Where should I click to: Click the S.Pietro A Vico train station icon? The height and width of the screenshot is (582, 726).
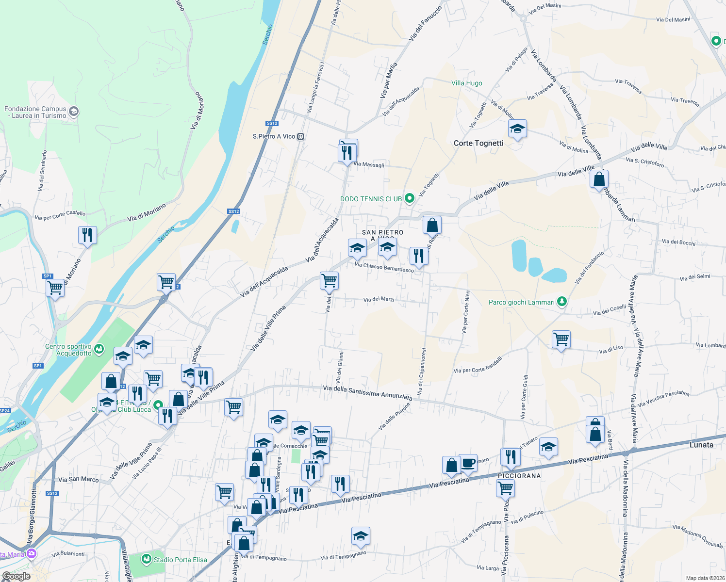[301, 136]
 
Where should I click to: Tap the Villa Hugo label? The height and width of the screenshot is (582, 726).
[466, 83]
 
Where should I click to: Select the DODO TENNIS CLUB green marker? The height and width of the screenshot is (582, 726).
[410, 198]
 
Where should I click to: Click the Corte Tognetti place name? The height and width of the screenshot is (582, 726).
[478, 143]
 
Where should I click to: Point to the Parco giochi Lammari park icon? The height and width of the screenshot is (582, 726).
[562, 302]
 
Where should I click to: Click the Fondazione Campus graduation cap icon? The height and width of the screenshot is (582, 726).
[74, 112]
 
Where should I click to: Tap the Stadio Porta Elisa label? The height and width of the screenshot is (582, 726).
[180, 560]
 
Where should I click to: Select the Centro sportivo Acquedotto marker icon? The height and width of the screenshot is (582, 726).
[99, 349]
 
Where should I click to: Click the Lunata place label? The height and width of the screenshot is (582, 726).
[701, 445]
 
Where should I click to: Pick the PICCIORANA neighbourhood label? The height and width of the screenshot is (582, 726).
[519, 476]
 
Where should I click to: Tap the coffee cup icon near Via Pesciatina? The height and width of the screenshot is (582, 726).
[468, 463]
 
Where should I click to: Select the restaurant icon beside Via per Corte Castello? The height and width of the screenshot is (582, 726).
[87, 235]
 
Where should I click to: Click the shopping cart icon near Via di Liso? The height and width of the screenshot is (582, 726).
[561, 339]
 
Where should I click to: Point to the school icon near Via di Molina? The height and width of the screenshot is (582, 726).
[517, 129]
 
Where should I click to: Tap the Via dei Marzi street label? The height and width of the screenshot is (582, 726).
[379, 299]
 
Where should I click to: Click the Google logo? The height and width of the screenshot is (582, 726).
[16, 576]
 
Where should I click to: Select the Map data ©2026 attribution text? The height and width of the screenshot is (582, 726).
[705, 578]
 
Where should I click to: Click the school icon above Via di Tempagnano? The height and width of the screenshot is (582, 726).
[361, 536]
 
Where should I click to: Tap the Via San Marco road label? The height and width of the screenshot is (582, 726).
[78, 479]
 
